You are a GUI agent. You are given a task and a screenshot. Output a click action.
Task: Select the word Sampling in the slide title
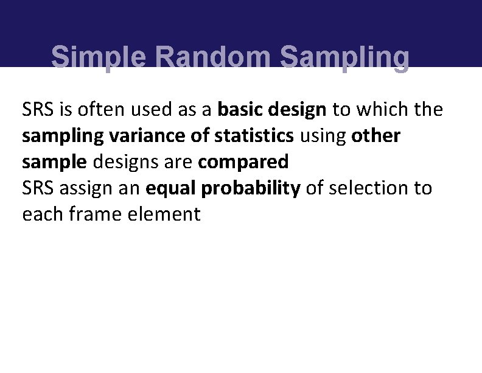click(344, 58)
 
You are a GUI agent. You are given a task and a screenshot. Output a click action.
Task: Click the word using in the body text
click(322, 136)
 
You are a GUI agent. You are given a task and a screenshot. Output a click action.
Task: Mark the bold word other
click(376, 136)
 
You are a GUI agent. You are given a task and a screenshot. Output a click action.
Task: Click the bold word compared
click(243, 162)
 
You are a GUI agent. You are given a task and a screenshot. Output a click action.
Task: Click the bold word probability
click(251, 188)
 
